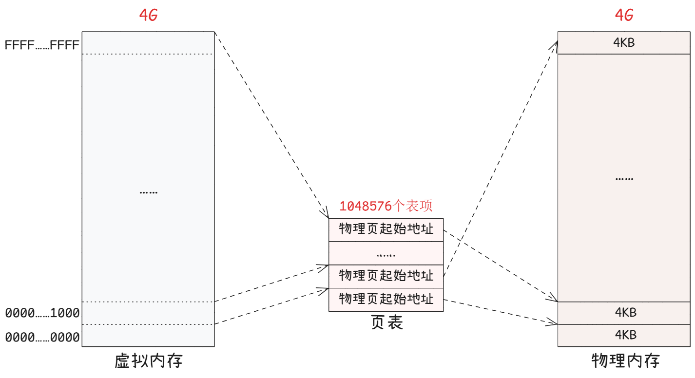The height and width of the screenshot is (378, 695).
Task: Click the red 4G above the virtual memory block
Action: tap(149, 15)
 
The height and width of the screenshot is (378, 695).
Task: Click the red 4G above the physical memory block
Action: tap(624, 15)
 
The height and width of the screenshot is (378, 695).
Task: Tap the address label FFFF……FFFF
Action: tap(42, 45)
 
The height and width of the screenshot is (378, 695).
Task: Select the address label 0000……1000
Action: tap(42, 313)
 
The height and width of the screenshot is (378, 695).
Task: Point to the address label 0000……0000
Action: tap(42, 337)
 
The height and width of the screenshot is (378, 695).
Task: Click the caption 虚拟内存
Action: tap(149, 361)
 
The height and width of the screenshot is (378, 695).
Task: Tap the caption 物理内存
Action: tap(625, 361)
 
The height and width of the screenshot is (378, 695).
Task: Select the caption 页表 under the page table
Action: tap(386, 322)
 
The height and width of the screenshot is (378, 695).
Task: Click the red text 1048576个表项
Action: tap(386, 206)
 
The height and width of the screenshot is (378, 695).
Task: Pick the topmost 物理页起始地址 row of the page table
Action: tap(386, 229)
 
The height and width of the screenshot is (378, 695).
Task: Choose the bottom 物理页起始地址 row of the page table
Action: tap(386, 299)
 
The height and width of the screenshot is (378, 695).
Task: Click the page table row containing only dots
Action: tap(386, 253)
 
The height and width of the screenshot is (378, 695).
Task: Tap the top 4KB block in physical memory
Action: tap(624, 43)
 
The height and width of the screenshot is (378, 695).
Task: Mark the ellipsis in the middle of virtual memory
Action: tap(148, 192)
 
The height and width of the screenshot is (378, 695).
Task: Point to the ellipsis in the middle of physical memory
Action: tap(624, 178)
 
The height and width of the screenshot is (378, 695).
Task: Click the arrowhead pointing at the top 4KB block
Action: tap(555, 44)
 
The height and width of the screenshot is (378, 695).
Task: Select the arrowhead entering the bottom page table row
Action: tap(324, 291)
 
